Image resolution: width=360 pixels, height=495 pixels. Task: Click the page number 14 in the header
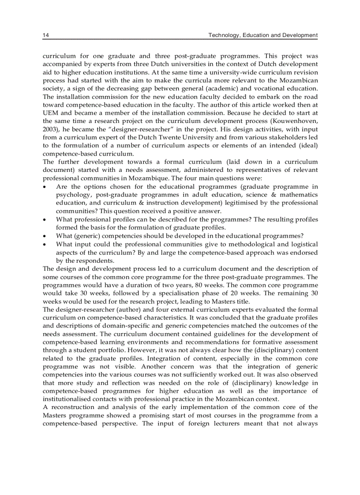[x=45, y=35]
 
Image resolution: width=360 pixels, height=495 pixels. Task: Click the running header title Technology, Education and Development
[x=263, y=35]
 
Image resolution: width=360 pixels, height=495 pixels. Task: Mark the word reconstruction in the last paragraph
[x=75, y=407]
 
